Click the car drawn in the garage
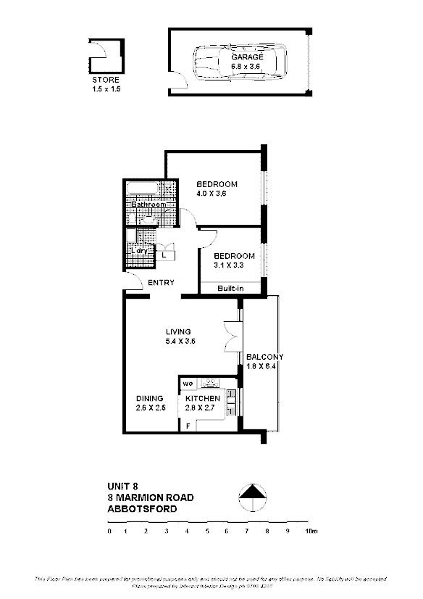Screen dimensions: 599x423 tap(240, 62)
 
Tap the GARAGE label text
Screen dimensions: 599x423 tap(247, 57)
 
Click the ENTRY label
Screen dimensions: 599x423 tap(160, 282)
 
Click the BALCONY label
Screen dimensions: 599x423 tap(264, 357)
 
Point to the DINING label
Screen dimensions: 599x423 tap(150, 398)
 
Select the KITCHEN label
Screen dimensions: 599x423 tap(202, 399)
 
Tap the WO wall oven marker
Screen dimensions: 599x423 tap(187, 382)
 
